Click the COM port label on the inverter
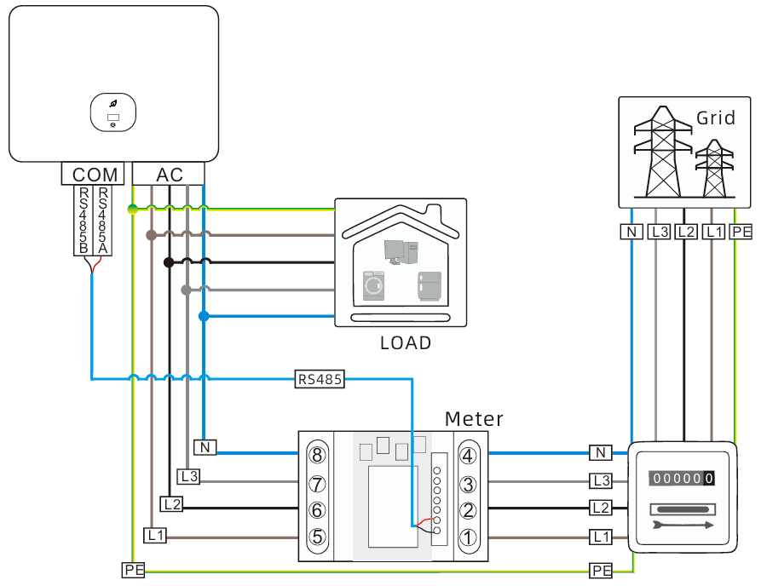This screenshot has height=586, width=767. (x=95, y=175)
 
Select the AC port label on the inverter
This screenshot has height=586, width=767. (x=170, y=175)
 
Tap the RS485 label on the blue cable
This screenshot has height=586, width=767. (x=320, y=379)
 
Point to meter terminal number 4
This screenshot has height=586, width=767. (x=468, y=455)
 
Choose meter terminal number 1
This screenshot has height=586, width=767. (x=468, y=537)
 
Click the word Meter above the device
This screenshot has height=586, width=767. (x=474, y=419)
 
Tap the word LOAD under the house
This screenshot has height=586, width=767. (x=406, y=343)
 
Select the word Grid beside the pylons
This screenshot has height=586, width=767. (x=716, y=118)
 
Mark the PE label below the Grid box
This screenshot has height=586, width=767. (x=741, y=231)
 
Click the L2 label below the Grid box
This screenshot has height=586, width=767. (x=685, y=231)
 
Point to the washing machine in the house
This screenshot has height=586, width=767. (x=373, y=284)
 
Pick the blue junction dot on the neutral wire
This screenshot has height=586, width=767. (x=204, y=317)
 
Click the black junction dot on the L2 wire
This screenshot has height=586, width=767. (x=169, y=262)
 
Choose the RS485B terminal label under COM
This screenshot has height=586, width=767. (x=84, y=221)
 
